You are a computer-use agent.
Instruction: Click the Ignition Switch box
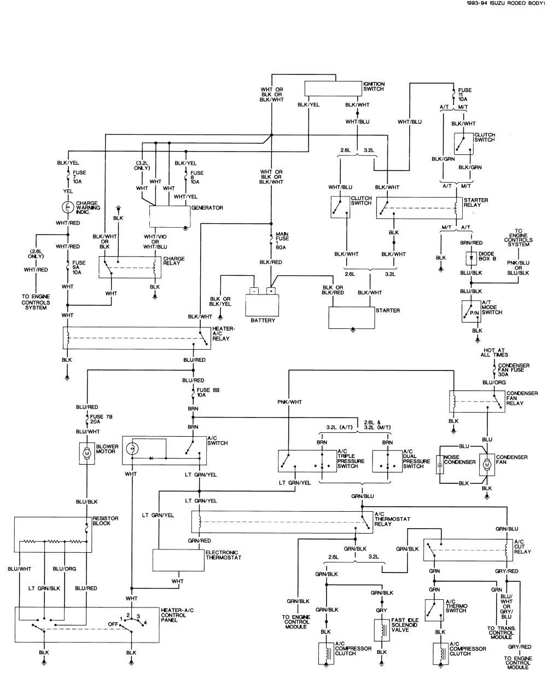(333, 89)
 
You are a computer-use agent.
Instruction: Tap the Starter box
(351, 317)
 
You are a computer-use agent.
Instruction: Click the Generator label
(207, 208)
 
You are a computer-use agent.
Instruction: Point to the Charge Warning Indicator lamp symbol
(68, 207)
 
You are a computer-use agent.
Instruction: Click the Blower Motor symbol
(86, 453)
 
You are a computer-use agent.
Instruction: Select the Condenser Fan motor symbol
(486, 464)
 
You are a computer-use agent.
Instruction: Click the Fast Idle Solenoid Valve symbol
(381, 629)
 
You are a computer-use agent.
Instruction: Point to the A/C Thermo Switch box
(434, 610)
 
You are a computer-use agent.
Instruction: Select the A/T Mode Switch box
(471, 311)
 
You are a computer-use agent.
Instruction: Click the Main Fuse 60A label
(282, 239)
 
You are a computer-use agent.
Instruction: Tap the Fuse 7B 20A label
(101, 419)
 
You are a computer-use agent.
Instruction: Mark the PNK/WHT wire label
(289, 402)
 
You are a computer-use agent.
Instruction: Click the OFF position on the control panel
(113, 623)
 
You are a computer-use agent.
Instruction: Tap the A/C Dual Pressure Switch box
(387, 461)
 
